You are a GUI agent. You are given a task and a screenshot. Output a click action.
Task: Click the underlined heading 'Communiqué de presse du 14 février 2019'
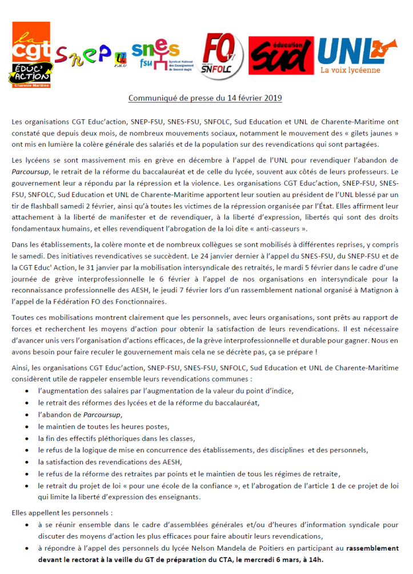point(205,98)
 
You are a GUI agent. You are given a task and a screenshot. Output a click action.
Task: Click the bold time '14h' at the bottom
point(315,560)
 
